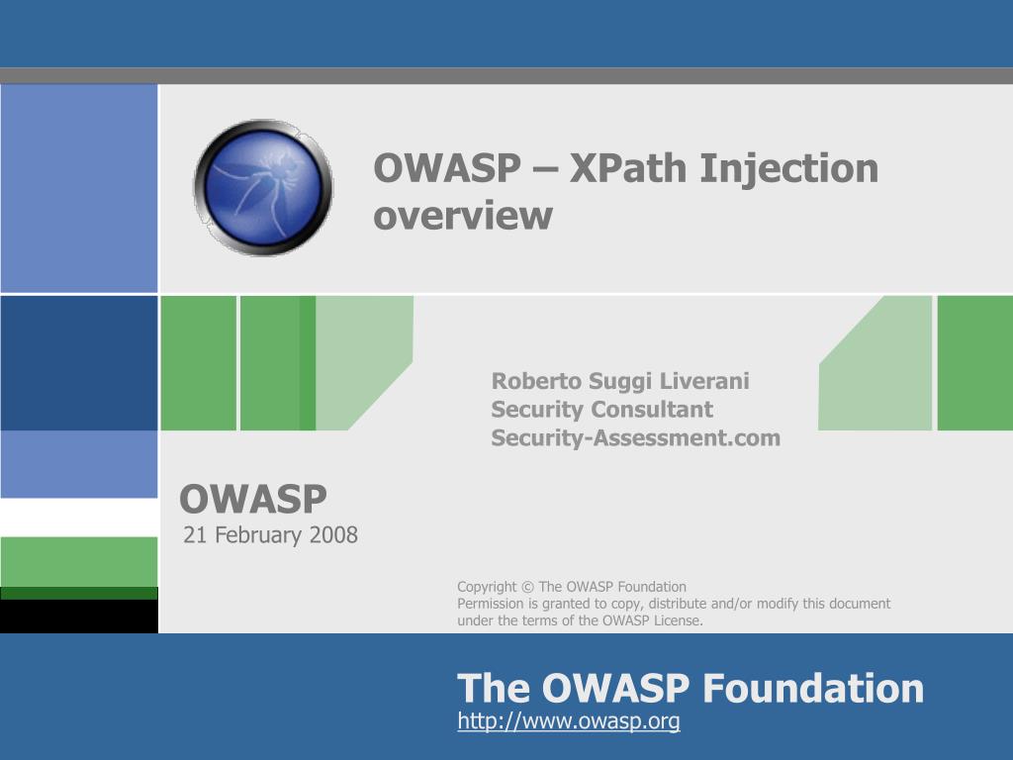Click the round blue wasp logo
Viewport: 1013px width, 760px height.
[x=263, y=187]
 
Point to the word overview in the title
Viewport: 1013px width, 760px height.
[x=462, y=215]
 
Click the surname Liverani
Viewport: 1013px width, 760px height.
[x=704, y=381]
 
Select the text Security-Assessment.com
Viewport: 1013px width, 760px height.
[x=635, y=437]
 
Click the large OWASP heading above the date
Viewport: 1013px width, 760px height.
[x=253, y=500]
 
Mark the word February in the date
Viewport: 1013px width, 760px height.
[x=259, y=535]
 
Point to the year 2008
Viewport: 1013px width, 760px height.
[x=333, y=535]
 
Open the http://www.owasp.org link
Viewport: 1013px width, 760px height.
[x=568, y=721]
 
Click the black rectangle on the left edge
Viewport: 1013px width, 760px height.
[x=79, y=617]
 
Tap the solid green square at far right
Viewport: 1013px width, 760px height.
[x=974, y=363]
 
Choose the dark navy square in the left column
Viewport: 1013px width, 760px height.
[x=79, y=363]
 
